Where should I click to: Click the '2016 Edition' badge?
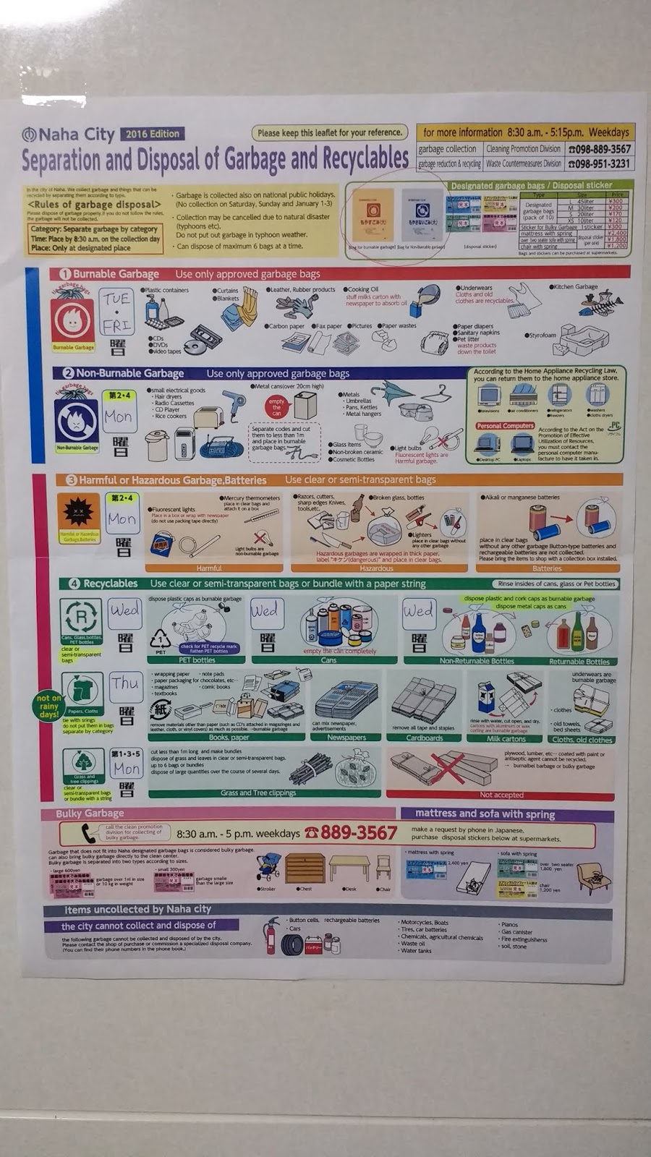point(153,134)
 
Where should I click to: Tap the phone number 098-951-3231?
point(600,164)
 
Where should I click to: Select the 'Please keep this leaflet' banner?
point(330,133)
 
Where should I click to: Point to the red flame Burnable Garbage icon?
point(73,320)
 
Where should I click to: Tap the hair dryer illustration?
point(234,403)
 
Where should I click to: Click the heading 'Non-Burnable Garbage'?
point(130,374)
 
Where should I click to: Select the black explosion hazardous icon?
point(78,512)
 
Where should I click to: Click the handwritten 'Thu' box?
point(125,683)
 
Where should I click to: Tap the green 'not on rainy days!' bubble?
point(48,705)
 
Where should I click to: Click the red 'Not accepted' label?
point(501,795)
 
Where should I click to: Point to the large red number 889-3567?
point(359,833)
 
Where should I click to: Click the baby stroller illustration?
point(268,866)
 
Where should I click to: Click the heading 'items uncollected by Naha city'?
point(138,910)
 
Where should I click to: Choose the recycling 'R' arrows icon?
point(81,617)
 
